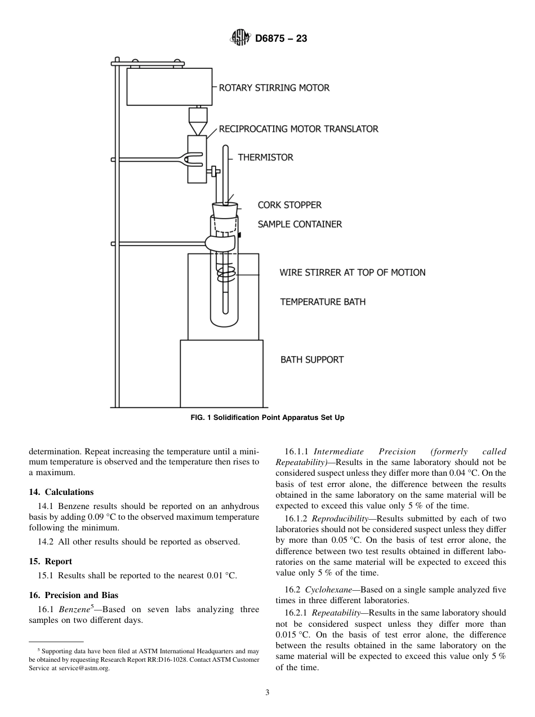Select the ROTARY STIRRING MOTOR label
click(274, 88)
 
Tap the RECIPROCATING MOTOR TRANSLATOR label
click(298, 129)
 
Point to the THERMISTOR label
click(265, 158)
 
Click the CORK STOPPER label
click(289, 205)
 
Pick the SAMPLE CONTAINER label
click(300, 224)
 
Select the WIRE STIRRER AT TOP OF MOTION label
click(353, 273)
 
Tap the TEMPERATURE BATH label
click(323, 302)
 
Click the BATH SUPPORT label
click(312, 360)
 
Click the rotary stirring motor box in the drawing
click(169, 87)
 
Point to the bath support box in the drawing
click(221, 373)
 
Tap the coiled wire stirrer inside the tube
click(226, 275)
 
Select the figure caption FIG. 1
click(267, 418)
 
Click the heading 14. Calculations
click(61, 492)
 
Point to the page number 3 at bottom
click(267, 693)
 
